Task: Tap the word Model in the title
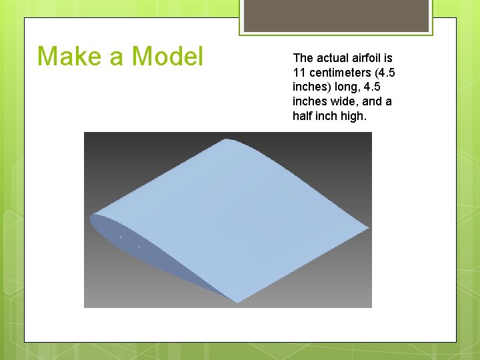click(167, 56)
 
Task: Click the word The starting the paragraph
click(303, 58)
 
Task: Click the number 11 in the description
click(298, 73)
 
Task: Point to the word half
click(303, 116)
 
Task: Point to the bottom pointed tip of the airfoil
click(237, 301)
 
